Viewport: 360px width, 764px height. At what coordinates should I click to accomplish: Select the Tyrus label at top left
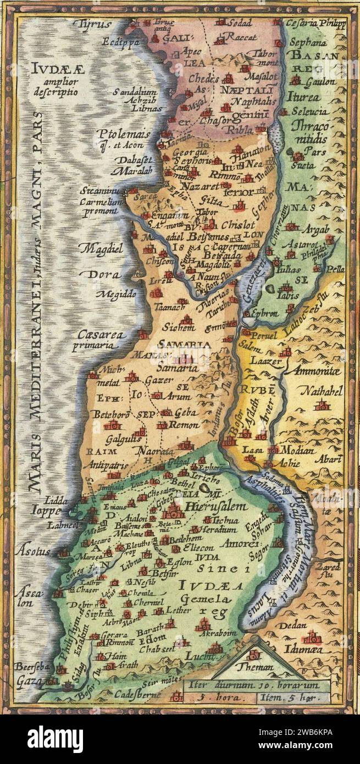pyautogui.click(x=92, y=24)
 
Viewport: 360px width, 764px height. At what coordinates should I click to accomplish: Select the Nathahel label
pyautogui.click(x=322, y=391)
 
